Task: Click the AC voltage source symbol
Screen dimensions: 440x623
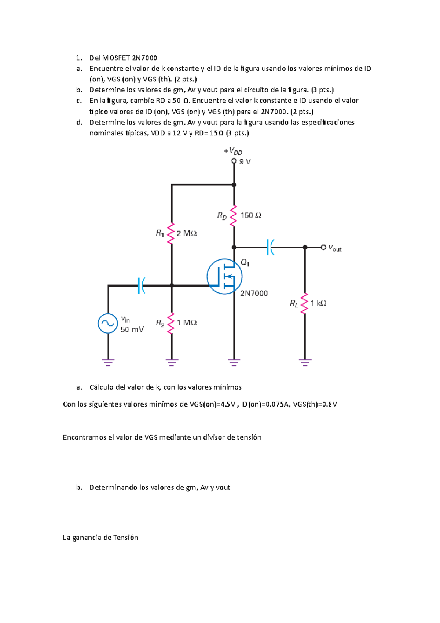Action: click(108, 323)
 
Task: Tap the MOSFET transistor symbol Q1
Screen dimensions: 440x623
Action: click(224, 277)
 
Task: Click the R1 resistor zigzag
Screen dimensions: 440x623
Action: click(171, 234)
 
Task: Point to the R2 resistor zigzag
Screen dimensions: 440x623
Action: click(171, 323)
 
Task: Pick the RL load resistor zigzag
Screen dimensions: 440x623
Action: click(305, 303)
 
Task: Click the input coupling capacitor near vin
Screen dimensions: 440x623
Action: click(141, 285)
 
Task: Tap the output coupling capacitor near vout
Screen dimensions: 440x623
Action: click(271, 247)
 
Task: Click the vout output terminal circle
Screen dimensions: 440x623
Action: click(323, 247)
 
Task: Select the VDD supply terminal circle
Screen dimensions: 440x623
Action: click(234, 161)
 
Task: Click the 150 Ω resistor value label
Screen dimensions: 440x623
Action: click(251, 215)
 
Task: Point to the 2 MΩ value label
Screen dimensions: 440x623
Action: click(187, 233)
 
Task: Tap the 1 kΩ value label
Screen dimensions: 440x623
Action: click(318, 303)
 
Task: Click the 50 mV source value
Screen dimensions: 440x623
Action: click(132, 329)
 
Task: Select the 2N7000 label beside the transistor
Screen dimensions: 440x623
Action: click(254, 293)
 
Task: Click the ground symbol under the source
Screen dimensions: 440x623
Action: click(108, 362)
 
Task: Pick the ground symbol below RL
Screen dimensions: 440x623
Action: click(305, 362)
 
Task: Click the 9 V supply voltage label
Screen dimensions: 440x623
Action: click(245, 161)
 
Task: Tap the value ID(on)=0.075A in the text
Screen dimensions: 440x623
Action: click(265, 404)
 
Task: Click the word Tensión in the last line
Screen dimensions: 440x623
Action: click(126, 538)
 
